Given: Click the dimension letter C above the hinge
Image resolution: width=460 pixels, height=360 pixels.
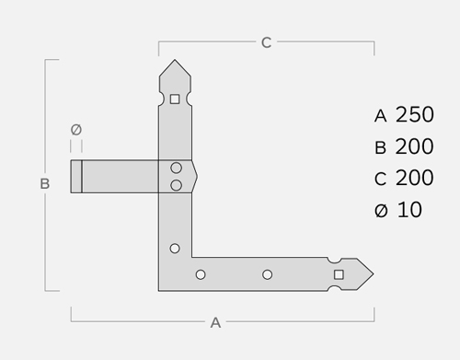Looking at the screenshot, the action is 266,42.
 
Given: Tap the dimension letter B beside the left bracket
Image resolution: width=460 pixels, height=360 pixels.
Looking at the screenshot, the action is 45,184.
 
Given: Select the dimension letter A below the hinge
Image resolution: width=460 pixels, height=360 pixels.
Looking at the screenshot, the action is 215,323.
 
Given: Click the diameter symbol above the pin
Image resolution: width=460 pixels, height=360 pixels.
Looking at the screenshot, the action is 76,130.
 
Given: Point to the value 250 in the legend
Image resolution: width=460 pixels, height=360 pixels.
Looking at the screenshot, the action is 415,115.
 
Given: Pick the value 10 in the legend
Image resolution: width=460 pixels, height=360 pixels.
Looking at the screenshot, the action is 409,210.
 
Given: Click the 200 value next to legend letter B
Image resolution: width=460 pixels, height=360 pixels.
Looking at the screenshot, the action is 415,146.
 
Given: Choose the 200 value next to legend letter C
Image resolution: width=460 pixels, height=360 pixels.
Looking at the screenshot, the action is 415,178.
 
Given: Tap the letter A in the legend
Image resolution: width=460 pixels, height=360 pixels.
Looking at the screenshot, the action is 380,116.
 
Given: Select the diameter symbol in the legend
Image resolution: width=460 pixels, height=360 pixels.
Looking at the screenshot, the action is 381,211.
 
